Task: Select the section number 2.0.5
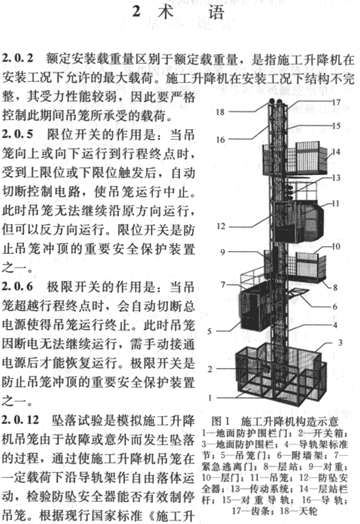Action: (18, 134)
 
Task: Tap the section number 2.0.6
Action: (18, 286)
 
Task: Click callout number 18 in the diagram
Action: (220, 112)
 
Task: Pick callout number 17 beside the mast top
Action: (336, 102)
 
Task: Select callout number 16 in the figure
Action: (220, 140)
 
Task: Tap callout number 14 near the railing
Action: (336, 152)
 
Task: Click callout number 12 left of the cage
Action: (220, 226)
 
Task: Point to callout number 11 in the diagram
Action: (336, 204)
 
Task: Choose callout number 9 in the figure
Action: (223, 252)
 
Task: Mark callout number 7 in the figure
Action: (223, 285)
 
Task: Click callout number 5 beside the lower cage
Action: (209, 331)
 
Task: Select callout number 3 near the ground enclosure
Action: (340, 342)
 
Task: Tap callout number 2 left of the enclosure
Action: (210, 369)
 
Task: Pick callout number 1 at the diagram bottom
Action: (210, 398)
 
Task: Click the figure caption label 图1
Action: (221, 420)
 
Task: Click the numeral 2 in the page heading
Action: (136, 11)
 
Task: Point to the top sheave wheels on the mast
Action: (276, 101)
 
